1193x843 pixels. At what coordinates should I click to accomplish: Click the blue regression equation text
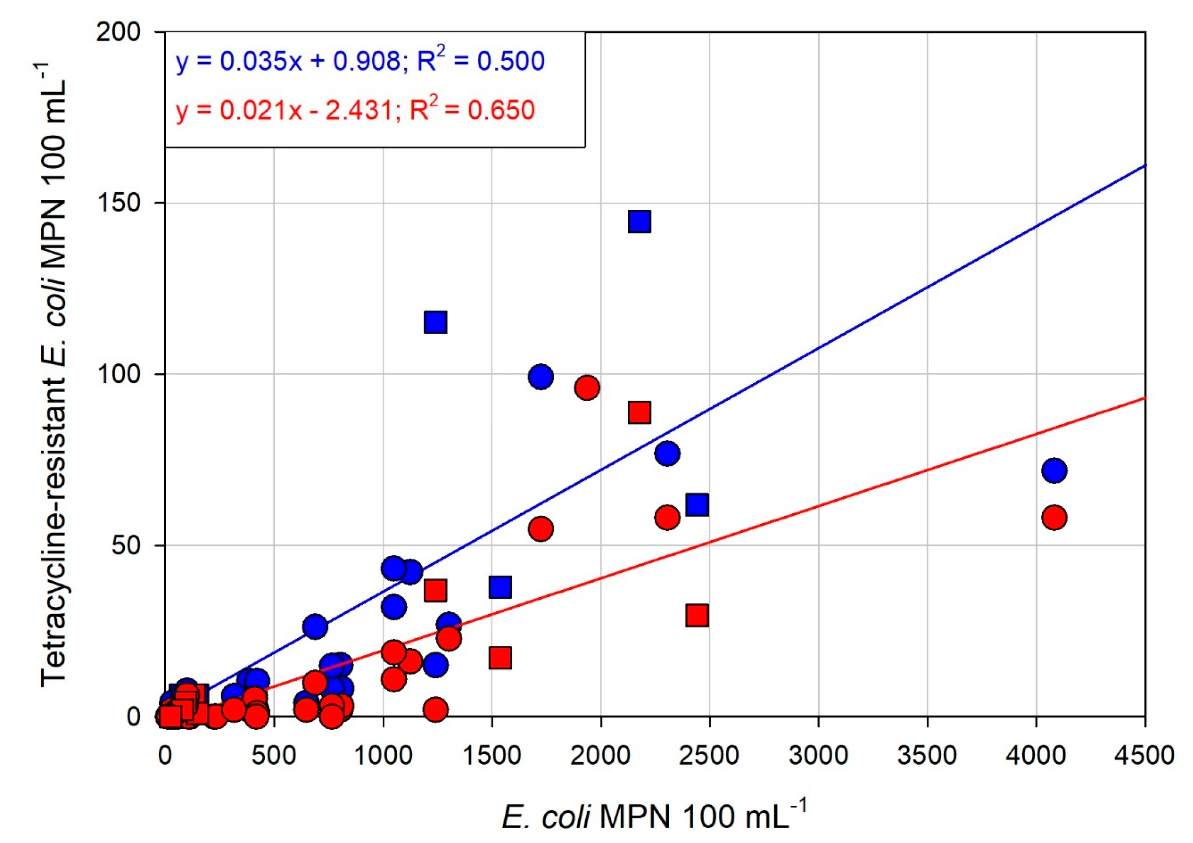tap(360, 61)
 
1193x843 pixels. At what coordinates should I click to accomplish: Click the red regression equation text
tap(355, 110)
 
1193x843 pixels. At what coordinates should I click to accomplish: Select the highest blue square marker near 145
tap(639, 221)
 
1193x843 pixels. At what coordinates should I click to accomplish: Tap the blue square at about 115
tap(435, 322)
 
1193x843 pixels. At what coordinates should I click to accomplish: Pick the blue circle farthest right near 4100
tap(1054, 471)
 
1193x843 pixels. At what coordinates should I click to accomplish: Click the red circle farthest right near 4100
tap(1054, 518)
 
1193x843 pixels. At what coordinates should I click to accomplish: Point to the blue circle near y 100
tap(540, 377)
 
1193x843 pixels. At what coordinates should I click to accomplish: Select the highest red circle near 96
tap(587, 388)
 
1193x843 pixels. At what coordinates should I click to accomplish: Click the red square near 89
tap(639, 412)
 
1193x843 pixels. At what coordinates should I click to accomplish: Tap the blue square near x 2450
tap(697, 504)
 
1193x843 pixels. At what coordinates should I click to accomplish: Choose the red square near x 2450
tap(697, 615)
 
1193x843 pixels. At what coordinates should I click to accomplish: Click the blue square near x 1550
tap(500, 587)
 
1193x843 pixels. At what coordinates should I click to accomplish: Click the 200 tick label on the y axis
tap(118, 32)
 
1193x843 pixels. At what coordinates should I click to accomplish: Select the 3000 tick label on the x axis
tap(818, 755)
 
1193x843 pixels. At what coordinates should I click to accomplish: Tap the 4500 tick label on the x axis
tap(1144, 755)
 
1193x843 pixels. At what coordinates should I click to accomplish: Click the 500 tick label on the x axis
tap(274, 755)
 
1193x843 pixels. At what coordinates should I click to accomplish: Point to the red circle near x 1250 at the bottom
tap(435, 709)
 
